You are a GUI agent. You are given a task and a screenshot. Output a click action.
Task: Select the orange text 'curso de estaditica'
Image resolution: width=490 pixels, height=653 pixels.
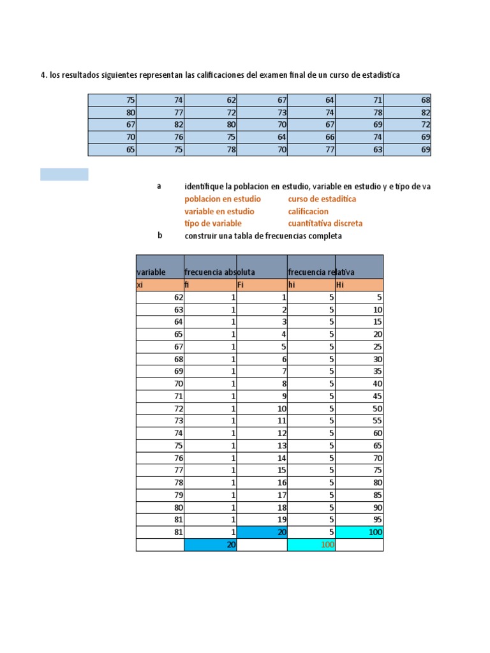(x=322, y=199)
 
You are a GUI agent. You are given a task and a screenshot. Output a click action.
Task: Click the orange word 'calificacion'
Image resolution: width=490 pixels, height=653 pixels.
(x=308, y=211)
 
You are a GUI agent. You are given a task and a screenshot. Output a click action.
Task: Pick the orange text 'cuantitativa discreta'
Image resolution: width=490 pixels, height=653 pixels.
(x=325, y=223)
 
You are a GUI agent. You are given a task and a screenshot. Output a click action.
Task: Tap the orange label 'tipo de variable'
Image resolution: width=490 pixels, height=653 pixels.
(x=213, y=223)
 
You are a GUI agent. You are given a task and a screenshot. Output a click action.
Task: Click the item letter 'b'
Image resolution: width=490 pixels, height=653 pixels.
(x=160, y=235)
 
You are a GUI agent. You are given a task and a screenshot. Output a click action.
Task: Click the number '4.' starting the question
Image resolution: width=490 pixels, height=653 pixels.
(x=44, y=75)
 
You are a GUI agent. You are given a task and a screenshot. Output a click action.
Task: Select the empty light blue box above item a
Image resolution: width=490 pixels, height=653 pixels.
(x=64, y=175)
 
